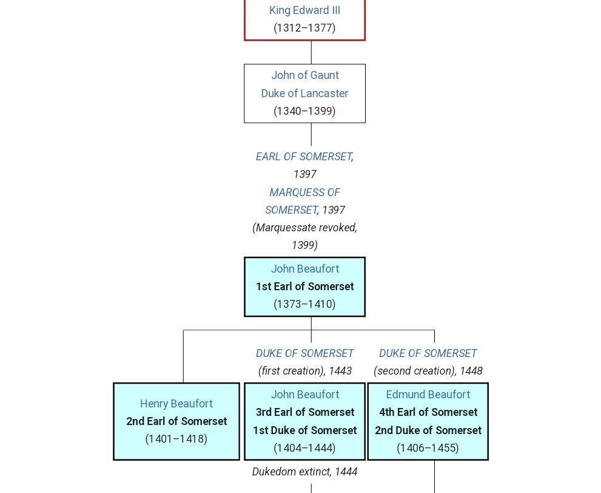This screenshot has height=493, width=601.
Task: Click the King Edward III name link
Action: coord(304,10)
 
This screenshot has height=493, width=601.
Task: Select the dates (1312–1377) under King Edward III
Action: coord(304,28)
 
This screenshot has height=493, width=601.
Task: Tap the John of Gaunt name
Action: coord(304,75)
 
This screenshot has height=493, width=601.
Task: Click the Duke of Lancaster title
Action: coord(304,93)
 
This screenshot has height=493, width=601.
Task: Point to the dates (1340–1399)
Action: coord(304,111)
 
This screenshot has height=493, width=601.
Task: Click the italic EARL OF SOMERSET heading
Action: coord(303,157)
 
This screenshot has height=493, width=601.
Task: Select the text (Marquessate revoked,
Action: coord(304,228)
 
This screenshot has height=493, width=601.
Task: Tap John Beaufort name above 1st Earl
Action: coord(304,269)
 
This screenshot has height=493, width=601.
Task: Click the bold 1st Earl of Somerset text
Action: coord(304,287)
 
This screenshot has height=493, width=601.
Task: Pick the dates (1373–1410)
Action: coord(304,304)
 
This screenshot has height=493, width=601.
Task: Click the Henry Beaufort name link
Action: coord(176,404)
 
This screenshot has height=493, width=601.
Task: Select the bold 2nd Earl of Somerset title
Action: coord(176,421)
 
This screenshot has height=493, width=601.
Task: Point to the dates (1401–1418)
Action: coord(176,439)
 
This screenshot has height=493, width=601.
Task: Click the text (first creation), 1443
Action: coord(304,371)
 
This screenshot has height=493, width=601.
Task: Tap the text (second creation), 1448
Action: coord(428,371)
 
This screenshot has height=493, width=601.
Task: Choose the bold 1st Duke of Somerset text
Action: coord(304,430)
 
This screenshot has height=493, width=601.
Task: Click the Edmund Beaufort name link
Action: coord(428,395)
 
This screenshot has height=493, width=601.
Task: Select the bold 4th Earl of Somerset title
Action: coord(428,412)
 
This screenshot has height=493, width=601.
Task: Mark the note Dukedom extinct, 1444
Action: coord(304,472)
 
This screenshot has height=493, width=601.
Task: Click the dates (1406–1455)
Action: coord(428,448)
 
